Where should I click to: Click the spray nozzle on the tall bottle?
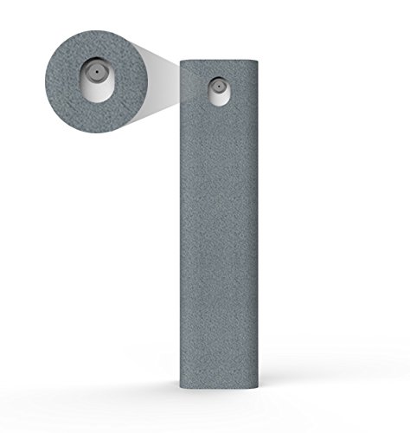218,87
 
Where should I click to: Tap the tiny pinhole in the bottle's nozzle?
219,87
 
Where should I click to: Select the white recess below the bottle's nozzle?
218,99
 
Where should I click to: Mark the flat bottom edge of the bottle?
219,391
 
